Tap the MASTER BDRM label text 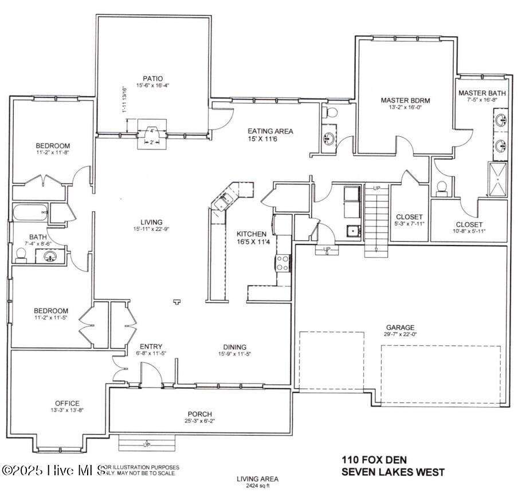pyautogui.click(x=405, y=100)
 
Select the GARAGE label pyautogui.click(x=400, y=328)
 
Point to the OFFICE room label pyautogui.click(x=67, y=403)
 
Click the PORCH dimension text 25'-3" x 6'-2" pyautogui.click(x=200, y=421)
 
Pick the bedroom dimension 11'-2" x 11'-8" pyautogui.click(x=52, y=153)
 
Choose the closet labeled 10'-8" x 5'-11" pyautogui.click(x=469, y=231)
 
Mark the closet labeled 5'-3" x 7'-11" pyautogui.click(x=409, y=224)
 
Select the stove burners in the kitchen pyautogui.click(x=282, y=263)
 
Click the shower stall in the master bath pyautogui.click(x=498, y=179)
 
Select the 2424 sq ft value pyautogui.click(x=257, y=486)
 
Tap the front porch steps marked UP pyautogui.click(x=146, y=444)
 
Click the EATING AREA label pyautogui.click(x=270, y=131)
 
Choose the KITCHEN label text pyautogui.click(x=252, y=234)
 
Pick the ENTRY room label pyautogui.click(x=151, y=346)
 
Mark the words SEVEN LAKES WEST pyautogui.click(x=392, y=472)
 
